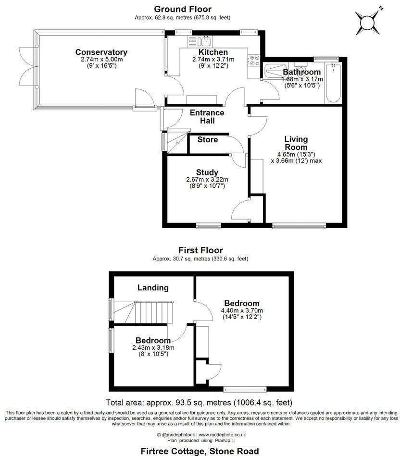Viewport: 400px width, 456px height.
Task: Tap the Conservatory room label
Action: pos(101,52)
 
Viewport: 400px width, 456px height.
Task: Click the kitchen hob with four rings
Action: pos(253,61)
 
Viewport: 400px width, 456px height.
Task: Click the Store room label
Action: pos(208,140)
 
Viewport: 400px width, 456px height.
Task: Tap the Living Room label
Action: pos(296,143)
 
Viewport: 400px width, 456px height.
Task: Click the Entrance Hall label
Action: pos(207,117)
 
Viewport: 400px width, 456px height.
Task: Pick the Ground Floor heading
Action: pos(182,9)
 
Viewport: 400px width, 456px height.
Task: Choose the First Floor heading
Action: pos(200,250)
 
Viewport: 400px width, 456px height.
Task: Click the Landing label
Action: pos(153,288)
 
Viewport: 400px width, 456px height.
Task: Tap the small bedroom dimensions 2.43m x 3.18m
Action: pos(153,348)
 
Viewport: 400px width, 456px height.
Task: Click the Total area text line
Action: pos(199,402)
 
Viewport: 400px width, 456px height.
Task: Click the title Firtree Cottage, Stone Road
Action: pos(199,451)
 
